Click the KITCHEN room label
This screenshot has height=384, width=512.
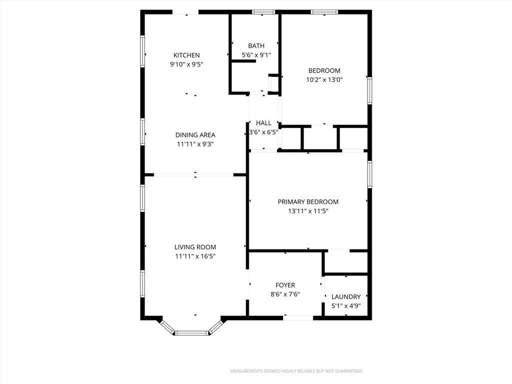186,55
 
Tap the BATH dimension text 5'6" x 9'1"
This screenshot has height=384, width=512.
256,55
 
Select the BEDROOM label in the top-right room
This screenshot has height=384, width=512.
324,70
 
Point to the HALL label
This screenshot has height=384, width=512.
263,123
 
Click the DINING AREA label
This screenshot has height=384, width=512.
195,135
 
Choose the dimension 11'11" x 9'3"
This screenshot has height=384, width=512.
195,144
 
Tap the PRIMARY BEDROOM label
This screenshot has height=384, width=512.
308,202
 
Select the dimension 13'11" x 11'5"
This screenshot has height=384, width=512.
308,211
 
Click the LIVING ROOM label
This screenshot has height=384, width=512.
195,247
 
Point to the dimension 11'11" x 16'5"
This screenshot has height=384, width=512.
195,256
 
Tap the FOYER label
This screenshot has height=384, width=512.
285,285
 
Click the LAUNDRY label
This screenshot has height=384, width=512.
346,297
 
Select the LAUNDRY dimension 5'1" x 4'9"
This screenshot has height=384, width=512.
346,306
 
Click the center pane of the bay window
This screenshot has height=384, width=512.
191,333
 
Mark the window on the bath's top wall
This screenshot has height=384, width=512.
263,12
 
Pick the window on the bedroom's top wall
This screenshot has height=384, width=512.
324,12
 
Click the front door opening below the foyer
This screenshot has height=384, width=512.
298,317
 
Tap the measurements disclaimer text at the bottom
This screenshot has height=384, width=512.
296,371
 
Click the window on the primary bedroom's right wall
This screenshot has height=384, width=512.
369,174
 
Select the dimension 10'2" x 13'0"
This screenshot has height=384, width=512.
324,79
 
